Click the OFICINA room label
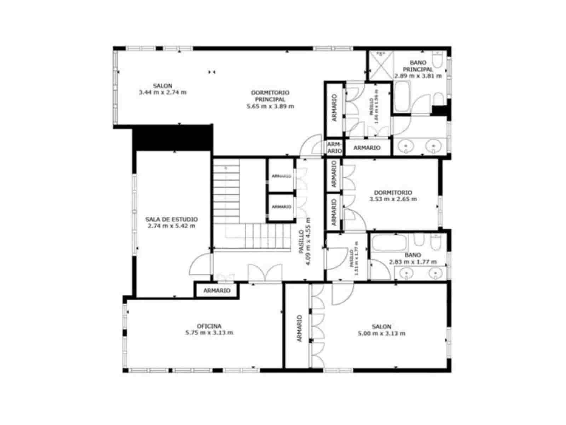point(209,326)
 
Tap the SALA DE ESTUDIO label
point(172,220)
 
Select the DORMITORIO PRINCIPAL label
point(270,96)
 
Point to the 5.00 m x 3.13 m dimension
point(381,333)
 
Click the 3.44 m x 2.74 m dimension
point(163,92)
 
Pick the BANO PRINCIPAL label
point(418,66)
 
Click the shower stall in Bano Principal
point(381,66)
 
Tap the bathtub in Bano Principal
point(402,96)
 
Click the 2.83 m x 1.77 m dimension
point(412,262)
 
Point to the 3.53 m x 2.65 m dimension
point(393,199)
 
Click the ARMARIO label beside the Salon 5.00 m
point(300,328)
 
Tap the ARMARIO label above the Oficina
point(217,290)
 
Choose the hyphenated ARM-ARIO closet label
point(334,147)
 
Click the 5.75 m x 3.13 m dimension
point(209,333)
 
